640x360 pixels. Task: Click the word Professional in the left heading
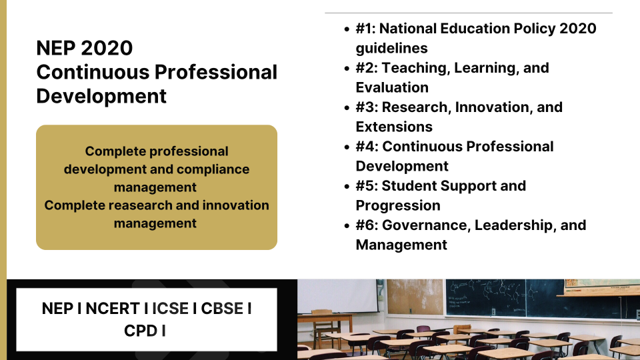pos(216,72)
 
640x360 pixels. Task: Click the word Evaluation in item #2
pos(392,87)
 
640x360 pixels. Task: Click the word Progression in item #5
pos(398,205)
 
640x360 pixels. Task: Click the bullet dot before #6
pos(347,226)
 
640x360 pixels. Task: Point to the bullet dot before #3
pos(347,108)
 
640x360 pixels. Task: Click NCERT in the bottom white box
pos(113,309)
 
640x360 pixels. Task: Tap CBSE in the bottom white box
pos(222,309)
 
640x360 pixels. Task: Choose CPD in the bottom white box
pos(141,331)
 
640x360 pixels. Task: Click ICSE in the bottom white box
pos(170,309)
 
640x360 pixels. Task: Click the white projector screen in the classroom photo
pos(339,296)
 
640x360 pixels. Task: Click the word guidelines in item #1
pos(391,48)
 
